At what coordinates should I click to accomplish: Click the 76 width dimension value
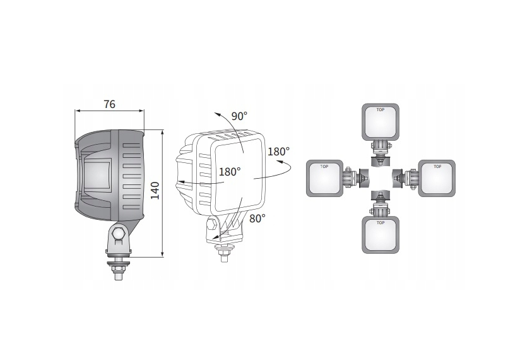(x=109, y=105)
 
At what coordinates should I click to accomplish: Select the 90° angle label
(x=239, y=116)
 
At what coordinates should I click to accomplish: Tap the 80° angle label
(x=257, y=219)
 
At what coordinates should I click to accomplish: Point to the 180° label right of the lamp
(x=278, y=152)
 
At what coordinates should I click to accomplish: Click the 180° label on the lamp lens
(x=230, y=172)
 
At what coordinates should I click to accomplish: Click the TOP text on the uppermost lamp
(x=380, y=109)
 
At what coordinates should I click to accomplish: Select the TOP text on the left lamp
(x=324, y=167)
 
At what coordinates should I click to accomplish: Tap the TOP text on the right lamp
(x=435, y=167)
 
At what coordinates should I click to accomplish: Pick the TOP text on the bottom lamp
(x=380, y=223)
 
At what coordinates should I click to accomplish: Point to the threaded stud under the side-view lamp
(x=119, y=271)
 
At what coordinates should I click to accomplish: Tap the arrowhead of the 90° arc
(x=216, y=114)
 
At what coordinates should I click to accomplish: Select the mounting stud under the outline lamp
(x=223, y=252)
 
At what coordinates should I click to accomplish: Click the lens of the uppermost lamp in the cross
(x=380, y=123)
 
